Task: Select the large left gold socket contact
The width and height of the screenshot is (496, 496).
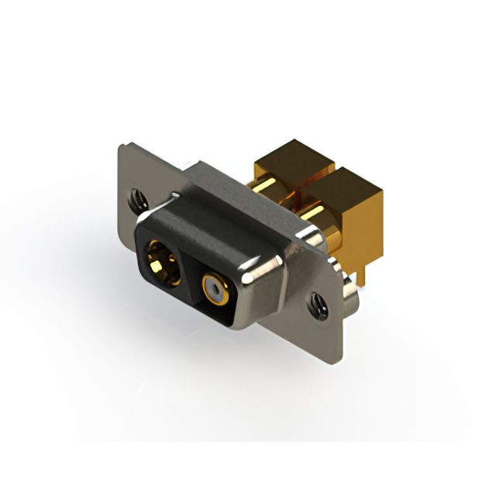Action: tap(161, 262)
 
